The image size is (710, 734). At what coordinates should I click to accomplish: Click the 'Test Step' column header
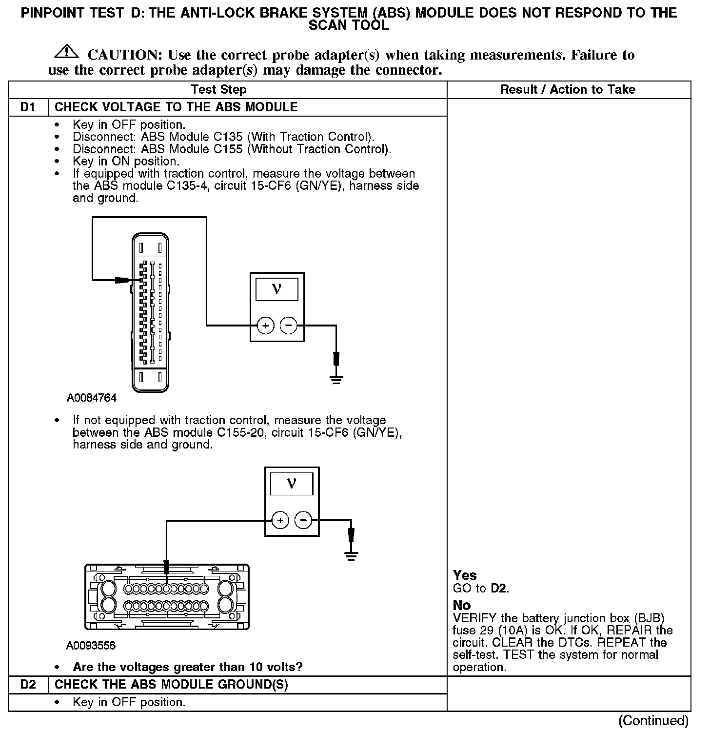[x=218, y=90]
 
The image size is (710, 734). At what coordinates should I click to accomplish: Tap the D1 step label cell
[x=28, y=107]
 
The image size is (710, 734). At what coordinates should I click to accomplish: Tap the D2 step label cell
[x=28, y=685]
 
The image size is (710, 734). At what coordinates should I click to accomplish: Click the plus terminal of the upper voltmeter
[x=265, y=326]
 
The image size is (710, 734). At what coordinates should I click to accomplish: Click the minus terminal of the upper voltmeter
[x=289, y=326]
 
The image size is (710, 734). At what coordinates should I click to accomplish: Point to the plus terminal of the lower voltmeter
[x=280, y=521]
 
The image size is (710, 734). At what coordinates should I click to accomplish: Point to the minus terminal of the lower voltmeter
[x=303, y=521]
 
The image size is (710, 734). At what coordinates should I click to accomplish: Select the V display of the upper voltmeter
[x=276, y=289]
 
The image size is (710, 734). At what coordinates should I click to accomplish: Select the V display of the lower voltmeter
[x=292, y=484]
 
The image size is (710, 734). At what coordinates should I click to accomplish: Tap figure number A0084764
[x=92, y=398]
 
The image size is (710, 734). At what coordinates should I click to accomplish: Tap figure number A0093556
[x=91, y=646]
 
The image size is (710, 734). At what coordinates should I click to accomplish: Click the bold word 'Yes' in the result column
[x=465, y=576]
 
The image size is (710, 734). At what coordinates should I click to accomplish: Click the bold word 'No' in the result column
[x=462, y=606]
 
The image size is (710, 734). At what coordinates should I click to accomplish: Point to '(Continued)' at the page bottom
[x=653, y=720]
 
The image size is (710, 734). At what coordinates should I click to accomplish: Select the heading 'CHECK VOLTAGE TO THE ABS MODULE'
[x=176, y=107]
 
